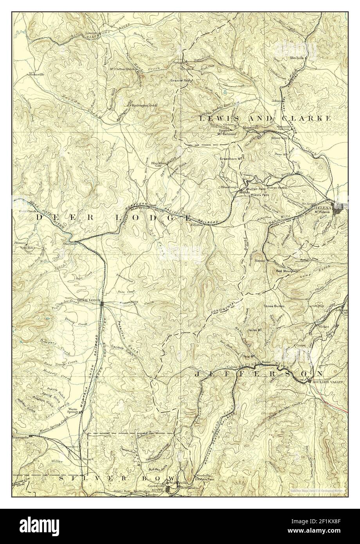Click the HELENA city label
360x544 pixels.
click(324, 208)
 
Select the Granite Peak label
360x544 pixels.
click(180, 81)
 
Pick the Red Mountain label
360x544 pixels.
click(287, 270)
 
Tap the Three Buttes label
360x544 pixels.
click(274, 306)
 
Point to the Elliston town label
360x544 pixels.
click(197, 225)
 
